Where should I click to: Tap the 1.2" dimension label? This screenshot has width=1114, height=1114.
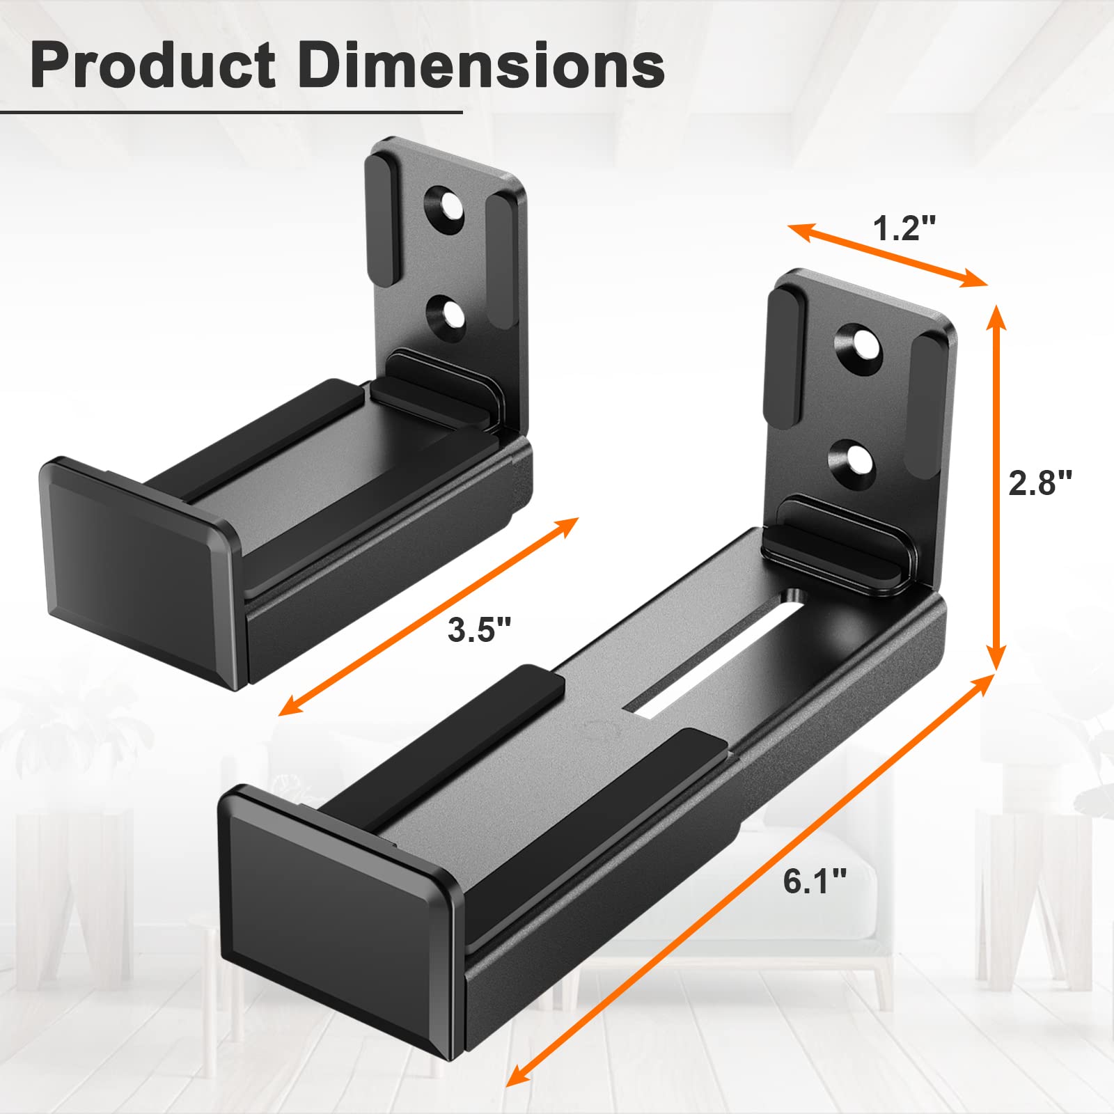pos(904,228)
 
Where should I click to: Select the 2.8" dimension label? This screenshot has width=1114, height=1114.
pos(1040,482)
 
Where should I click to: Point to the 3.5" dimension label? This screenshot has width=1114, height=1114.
pos(479,630)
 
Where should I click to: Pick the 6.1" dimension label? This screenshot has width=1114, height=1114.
pos(814,881)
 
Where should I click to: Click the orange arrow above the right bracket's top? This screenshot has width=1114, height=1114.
pos(888,255)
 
